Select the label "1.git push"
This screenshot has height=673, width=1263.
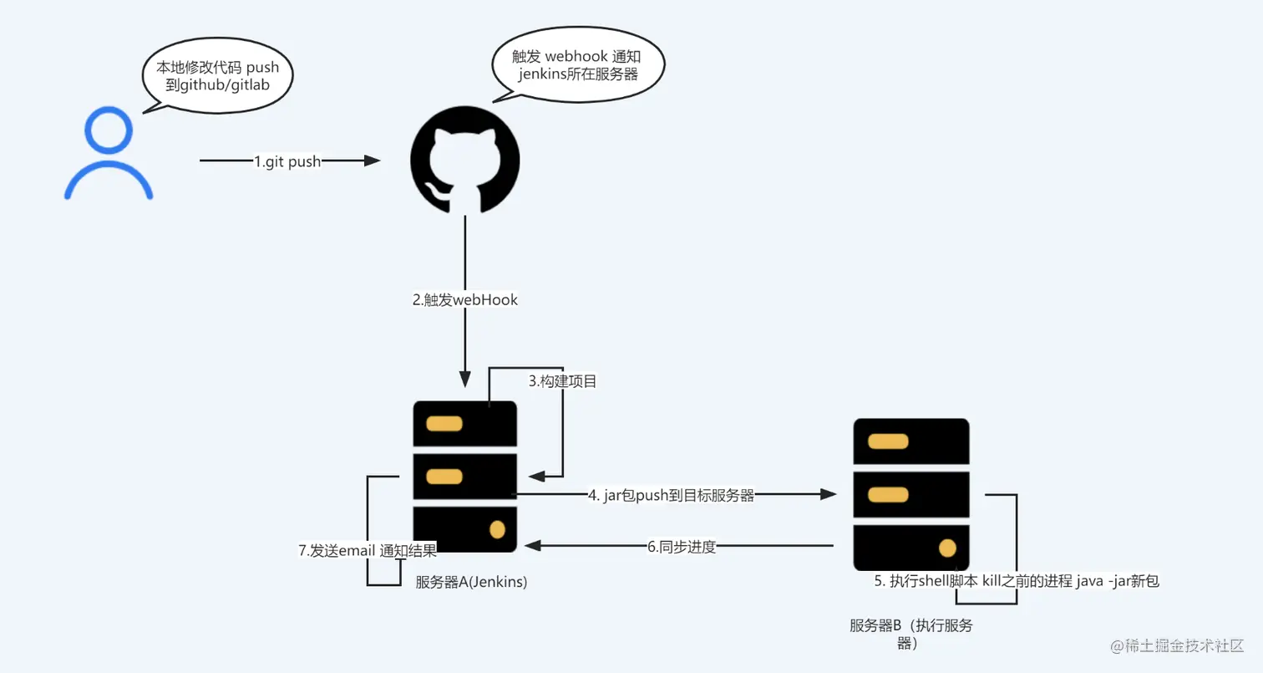[x=287, y=162]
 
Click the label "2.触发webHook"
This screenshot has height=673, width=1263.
[x=465, y=300]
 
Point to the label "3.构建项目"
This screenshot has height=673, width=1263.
[x=563, y=381]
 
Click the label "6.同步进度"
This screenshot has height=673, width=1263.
[x=682, y=548]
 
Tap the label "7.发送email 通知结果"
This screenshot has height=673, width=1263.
[x=368, y=549]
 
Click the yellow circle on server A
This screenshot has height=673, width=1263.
[x=497, y=529]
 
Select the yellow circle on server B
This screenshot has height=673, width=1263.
[x=947, y=548]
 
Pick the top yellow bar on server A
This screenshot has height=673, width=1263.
[x=444, y=423]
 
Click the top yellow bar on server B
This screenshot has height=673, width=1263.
[x=887, y=441]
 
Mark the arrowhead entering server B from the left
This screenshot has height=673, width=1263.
[x=829, y=495]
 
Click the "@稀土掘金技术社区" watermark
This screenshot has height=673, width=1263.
[x=1178, y=646]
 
